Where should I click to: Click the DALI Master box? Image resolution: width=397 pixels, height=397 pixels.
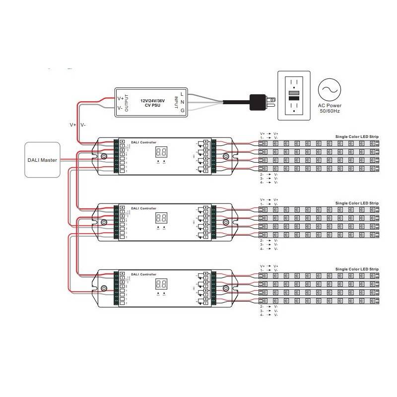(42, 160)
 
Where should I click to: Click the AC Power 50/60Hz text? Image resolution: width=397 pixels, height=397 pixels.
(330, 108)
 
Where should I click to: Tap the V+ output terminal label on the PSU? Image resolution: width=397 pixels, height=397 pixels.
(121, 99)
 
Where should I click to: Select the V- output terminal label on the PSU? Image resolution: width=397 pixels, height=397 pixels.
(121, 108)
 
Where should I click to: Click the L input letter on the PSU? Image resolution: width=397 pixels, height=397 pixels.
(182, 94)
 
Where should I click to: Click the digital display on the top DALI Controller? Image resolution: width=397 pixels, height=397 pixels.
(161, 152)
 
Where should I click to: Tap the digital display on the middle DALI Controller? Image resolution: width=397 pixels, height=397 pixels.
(161, 217)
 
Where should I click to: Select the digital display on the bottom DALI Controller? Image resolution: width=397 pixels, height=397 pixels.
(161, 284)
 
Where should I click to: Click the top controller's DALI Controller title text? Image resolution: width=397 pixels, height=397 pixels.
(143, 142)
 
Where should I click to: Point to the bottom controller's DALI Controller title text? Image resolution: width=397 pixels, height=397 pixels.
(143, 274)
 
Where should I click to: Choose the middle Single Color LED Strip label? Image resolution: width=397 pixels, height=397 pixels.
(357, 203)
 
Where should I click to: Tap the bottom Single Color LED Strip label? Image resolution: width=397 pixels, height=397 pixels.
(357, 269)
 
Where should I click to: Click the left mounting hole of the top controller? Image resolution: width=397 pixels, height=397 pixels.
(104, 157)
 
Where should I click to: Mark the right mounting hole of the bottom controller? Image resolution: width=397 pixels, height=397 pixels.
(226, 289)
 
